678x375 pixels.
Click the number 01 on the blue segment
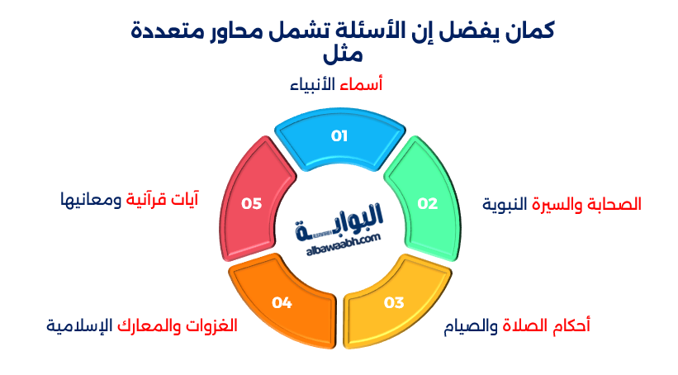[x=339, y=136]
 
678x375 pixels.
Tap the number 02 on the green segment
[x=427, y=203]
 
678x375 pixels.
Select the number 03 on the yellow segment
[x=394, y=302]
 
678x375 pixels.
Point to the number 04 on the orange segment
[x=282, y=302]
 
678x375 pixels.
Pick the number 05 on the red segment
[x=251, y=203]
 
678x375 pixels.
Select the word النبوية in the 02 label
[x=505, y=204]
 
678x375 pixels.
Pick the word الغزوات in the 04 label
[x=210, y=325]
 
